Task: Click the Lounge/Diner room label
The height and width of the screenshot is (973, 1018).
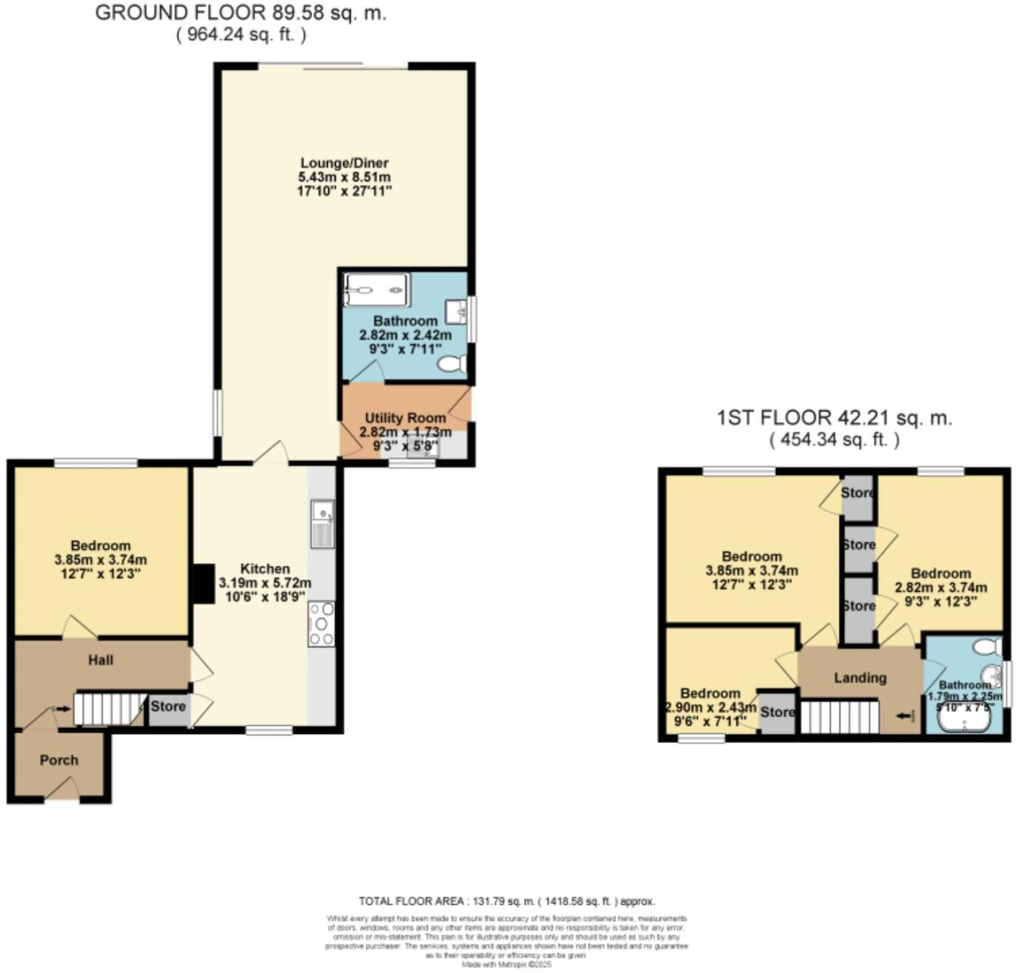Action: click(344, 163)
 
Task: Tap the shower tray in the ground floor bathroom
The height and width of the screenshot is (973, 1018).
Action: click(377, 289)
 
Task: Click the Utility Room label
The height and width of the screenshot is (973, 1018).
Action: click(405, 418)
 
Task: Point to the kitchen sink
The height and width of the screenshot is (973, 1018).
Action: click(323, 524)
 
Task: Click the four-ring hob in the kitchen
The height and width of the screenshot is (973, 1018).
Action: click(321, 624)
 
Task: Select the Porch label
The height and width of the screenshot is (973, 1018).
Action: click(59, 760)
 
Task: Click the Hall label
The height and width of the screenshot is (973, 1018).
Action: click(101, 660)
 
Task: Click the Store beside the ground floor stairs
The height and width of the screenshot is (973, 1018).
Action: click(168, 707)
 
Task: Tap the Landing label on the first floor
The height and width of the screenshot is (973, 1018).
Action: click(860, 678)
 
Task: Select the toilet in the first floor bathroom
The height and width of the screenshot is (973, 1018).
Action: click(987, 647)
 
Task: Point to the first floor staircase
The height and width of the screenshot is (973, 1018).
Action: click(840, 717)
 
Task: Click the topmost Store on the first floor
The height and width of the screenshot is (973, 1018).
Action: click(857, 493)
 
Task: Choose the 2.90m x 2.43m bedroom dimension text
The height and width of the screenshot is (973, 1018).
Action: click(710, 707)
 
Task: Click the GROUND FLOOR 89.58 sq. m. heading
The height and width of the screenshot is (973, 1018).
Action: click(240, 13)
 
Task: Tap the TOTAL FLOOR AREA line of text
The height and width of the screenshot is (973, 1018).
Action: click(507, 901)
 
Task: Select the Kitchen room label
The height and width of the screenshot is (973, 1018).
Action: click(265, 568)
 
